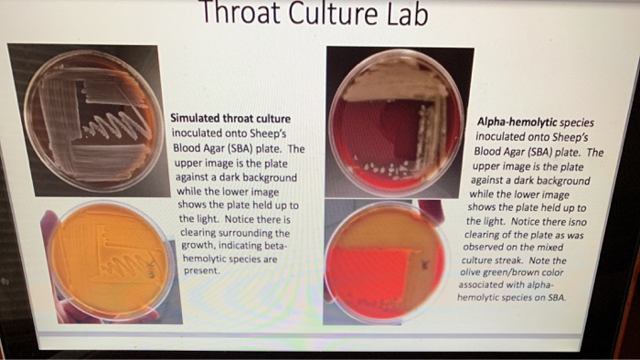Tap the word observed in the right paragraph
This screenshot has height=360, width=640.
click(487, 247)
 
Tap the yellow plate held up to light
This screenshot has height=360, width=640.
click(107, 261)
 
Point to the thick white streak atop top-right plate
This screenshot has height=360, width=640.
click(393, 86)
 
